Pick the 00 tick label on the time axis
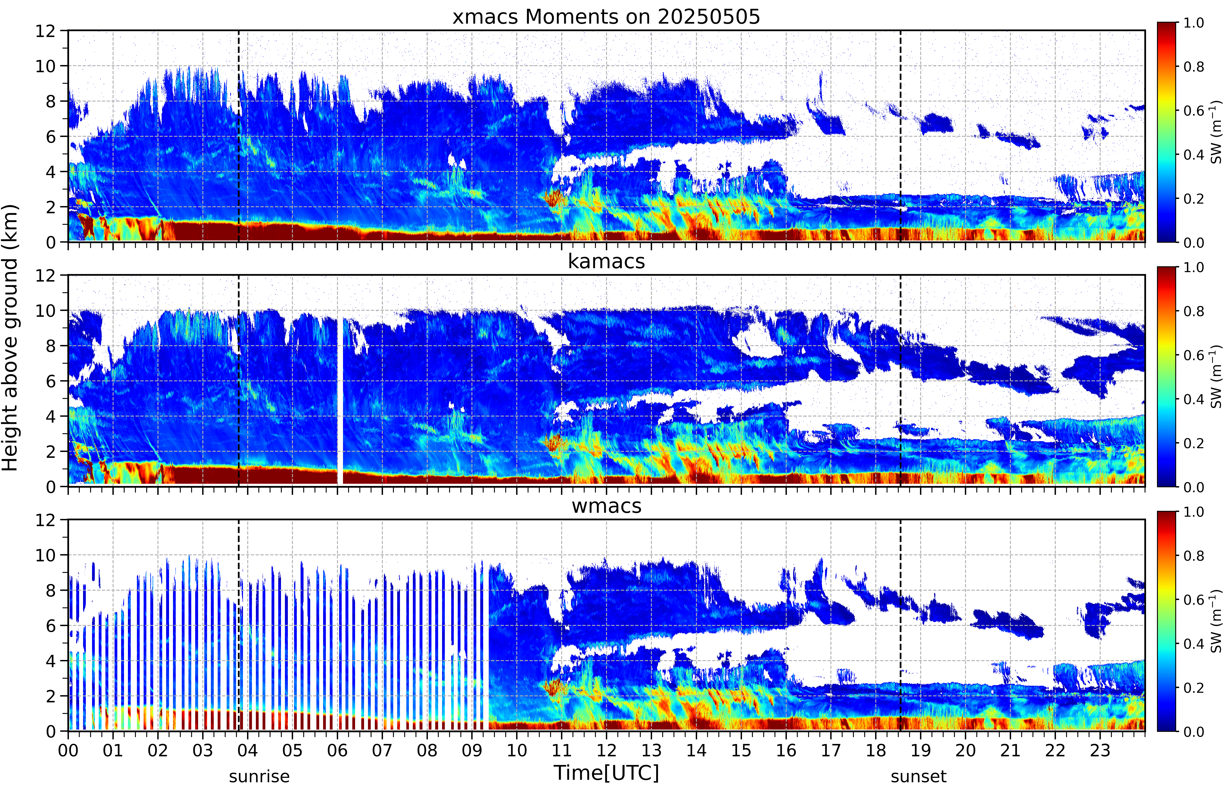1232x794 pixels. [x=68, y=750]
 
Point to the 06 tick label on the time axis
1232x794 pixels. [x=337, y=750]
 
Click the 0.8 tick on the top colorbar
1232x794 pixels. [x=1193, y=67]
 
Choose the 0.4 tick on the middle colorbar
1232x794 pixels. [x=1193, y=399]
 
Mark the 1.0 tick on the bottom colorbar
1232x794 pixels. [x=1193, y=512]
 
